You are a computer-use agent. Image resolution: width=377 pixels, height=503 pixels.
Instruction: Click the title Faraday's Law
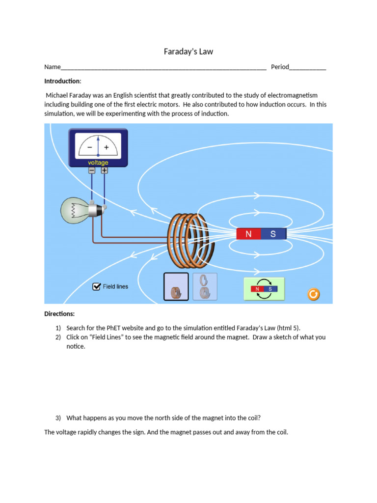188,52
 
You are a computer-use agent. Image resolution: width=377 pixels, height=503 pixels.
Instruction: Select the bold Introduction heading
62,81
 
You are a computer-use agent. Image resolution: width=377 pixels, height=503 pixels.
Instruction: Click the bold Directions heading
59,313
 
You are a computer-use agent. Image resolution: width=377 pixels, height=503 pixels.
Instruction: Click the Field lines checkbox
97,286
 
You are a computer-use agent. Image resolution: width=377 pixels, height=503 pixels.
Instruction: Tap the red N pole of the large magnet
248,234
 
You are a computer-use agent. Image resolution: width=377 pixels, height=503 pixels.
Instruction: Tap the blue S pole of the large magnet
273,234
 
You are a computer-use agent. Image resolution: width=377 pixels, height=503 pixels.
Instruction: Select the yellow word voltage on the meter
98,163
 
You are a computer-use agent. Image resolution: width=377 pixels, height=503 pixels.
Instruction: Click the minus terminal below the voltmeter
92,170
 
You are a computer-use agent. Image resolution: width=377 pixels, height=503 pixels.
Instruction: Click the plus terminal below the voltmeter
104,170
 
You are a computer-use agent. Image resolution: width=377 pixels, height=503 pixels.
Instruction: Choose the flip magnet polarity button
264,289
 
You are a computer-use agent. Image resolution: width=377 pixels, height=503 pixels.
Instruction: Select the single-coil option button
176,286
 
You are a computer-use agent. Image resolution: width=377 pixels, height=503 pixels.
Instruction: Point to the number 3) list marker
58,418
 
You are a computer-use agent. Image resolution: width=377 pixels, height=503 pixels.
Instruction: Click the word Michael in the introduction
58,95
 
